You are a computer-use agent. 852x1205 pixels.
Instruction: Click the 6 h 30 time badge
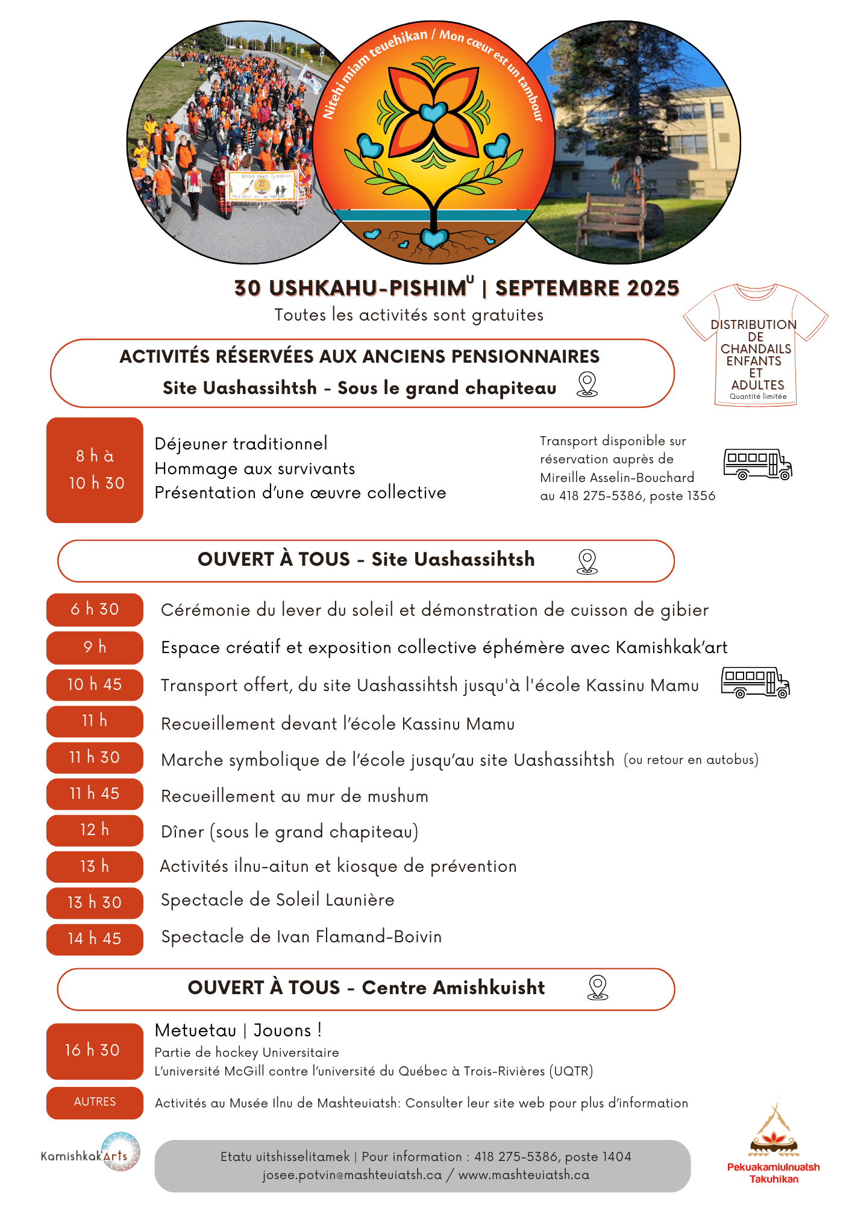(x=95, y=609)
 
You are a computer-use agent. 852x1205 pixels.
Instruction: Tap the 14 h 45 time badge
(x=95, y=939)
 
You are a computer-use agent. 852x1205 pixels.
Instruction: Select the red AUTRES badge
(x=95, y=1102)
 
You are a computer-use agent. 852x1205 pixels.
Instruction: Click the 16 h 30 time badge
(x=95, y=1050)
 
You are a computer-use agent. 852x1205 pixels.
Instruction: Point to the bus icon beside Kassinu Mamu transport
(x=756, y=683)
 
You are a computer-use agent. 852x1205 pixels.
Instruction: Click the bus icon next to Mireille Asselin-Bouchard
(x=757, y=465)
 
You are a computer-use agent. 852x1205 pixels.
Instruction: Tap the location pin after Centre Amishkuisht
(x=597, y=988)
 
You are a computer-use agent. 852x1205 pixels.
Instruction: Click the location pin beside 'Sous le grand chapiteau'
(x=587, y=384)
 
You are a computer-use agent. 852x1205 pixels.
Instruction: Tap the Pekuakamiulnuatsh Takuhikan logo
(x=774, y=1145)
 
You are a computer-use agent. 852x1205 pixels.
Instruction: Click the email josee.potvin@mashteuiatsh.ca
(x=352, y=1175)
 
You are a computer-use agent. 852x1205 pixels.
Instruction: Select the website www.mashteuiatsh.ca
(x=524, y=1175)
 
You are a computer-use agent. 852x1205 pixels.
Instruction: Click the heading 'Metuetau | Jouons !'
(x=238, y=1030)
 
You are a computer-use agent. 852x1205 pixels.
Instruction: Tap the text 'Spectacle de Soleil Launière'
(x=277, y=900)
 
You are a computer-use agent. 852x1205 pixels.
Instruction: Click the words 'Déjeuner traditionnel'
(x=241, y=444)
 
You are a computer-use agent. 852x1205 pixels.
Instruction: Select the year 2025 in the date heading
(x=653, y=289)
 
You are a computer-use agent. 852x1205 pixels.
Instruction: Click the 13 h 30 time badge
(x=95, y=903)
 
